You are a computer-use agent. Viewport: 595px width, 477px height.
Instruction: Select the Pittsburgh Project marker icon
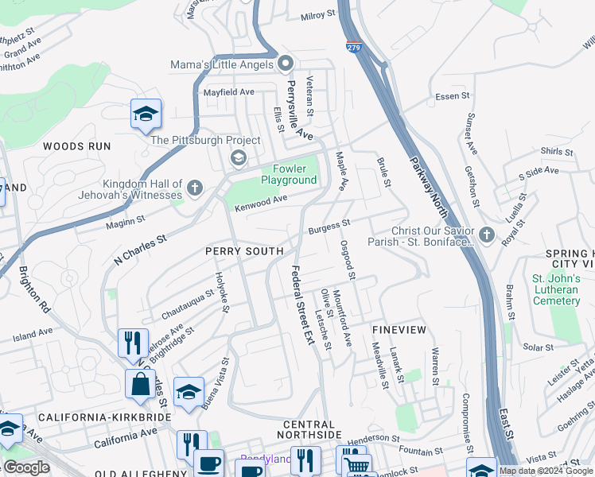238,157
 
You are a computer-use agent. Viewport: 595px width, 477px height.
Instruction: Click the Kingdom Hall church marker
195,188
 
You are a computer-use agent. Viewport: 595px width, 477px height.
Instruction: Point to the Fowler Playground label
289,174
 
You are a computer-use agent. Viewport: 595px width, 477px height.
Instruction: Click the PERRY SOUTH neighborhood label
244,251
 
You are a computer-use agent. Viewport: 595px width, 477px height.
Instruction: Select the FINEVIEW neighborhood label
399,328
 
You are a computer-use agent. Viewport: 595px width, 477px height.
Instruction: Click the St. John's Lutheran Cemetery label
555,289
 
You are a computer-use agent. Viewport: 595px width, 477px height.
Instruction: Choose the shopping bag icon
140,384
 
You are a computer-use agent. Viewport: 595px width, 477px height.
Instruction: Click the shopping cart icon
357,465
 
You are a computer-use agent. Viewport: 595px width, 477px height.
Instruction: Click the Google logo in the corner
26,467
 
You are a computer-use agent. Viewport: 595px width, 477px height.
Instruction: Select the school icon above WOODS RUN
146,114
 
